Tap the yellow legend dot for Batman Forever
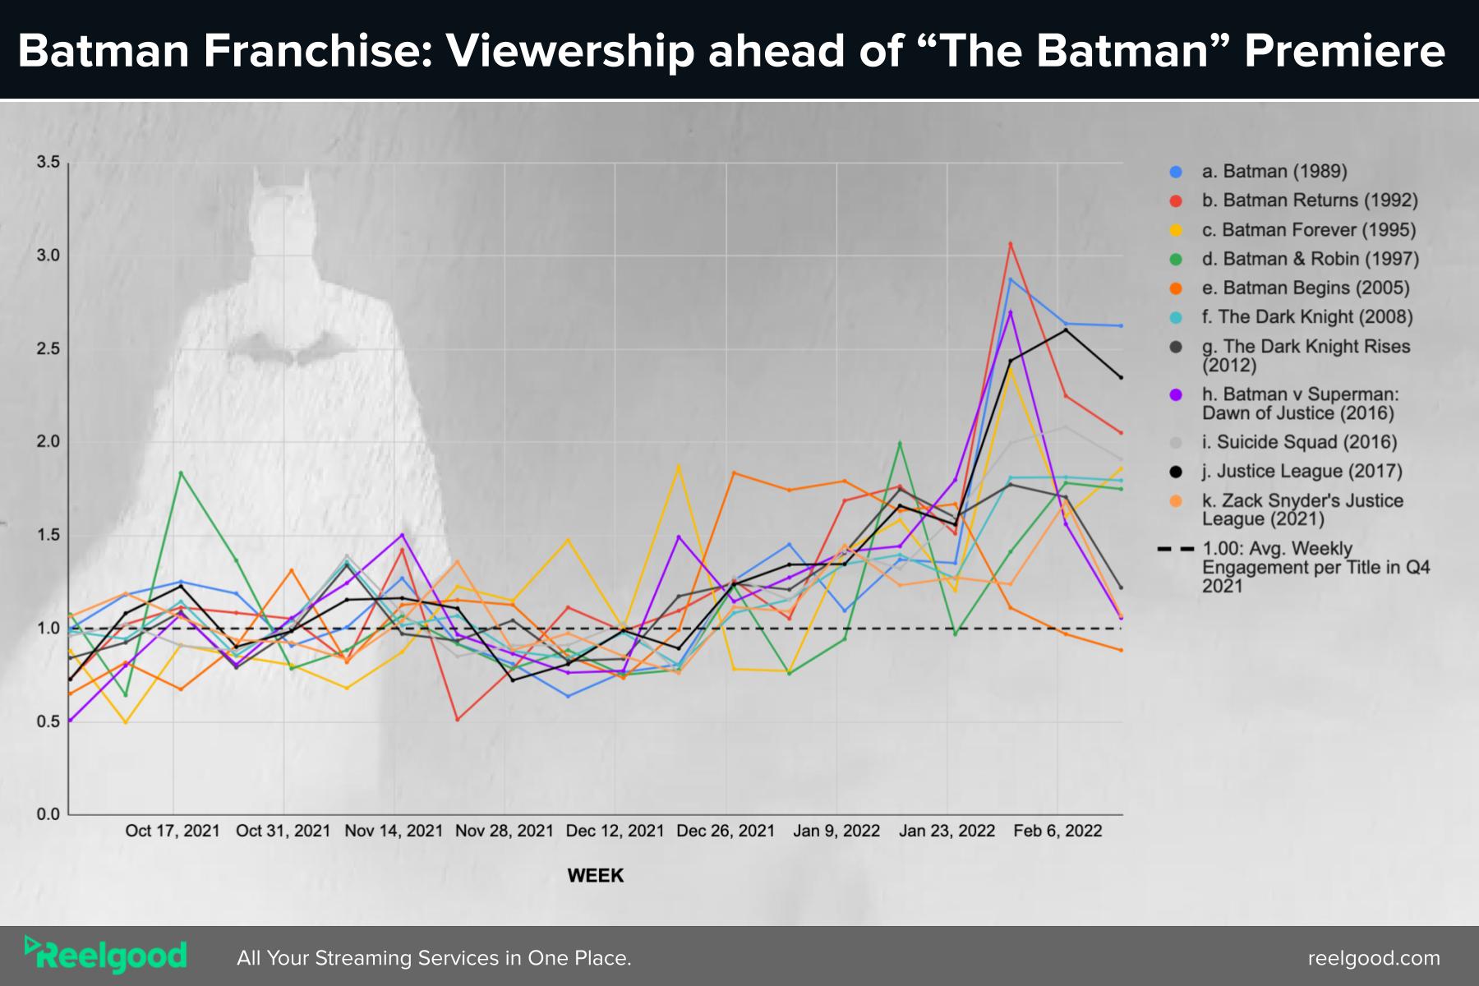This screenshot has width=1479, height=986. (x=1176, y=230)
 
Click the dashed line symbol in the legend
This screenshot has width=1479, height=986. (x=1176, y=548)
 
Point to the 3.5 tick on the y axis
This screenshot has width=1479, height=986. (x=48, y=163)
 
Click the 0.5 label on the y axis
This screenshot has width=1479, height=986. (x=48, y=721)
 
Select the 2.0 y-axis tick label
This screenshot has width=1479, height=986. (x=48, y=442)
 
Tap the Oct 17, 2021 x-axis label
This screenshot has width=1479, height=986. (x=173, y=831)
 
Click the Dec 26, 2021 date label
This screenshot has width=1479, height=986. (x=726, y=831)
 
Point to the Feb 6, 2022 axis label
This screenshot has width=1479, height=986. (x=1057, y=831)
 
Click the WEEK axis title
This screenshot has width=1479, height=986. (x=596, y=876)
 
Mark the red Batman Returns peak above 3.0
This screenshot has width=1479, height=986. (x=1011, y=244)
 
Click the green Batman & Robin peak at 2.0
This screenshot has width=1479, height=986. (x=900, y=444)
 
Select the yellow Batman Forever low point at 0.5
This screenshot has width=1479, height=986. (x=126, y=722)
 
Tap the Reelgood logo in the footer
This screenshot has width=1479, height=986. (x=106, y=956)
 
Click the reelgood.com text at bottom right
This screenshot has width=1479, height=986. (x=1374, y=958)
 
